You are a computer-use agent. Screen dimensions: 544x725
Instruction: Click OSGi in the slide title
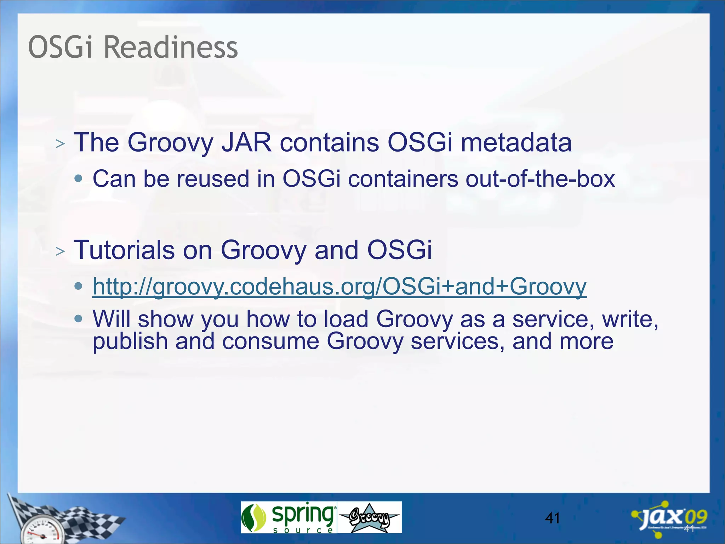pyautogui.click(x=60, y=47)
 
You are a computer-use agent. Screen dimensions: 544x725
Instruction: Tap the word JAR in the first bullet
pyautogui.click(x=246, y=142)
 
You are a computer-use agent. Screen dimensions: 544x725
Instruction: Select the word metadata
pyautogui.click(x=516, y=142)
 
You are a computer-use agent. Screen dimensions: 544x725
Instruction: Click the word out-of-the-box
pyautogui.click(x=540, y=178)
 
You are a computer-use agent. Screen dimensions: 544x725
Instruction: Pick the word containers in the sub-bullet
pyautogui.click(x=403, y=178)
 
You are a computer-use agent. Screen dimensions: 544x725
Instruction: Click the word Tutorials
pyautogui.click(x=124, y=250)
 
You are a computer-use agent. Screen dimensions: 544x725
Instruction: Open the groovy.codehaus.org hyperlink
pyautogui.click(x=339, y=286)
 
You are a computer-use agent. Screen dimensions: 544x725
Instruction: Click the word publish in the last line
pyautogui.click(x=130, y=341)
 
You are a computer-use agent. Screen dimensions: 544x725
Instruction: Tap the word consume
pyautogui.click(x=270, y=341)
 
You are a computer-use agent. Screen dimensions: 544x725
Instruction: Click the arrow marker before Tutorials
pyautogui.click(x=60, y=251)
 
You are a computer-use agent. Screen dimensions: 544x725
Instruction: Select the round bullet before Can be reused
pyautogui.click(x=79, y=178)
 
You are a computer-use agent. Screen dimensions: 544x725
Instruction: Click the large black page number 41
pyautogui.click(x=552, y=518)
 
